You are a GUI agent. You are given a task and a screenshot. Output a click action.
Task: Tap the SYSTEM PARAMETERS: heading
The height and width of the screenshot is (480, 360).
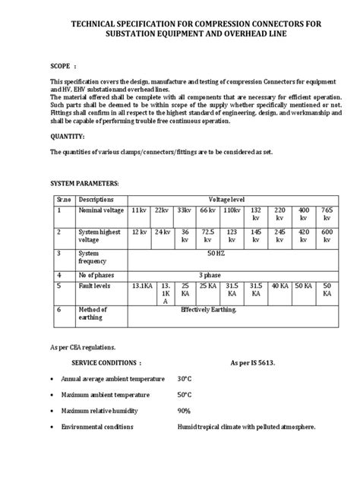point(84,185)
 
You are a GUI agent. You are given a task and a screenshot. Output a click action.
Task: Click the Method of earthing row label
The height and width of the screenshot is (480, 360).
point(93,314)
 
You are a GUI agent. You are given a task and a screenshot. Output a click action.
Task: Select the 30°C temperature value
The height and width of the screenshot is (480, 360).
point(185,378)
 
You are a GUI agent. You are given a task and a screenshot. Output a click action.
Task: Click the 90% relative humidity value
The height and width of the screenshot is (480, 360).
point(183,411)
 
